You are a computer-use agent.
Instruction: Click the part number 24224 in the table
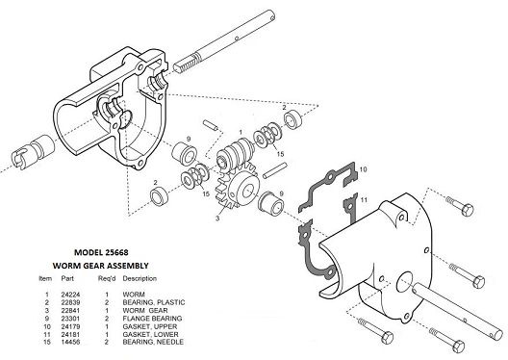pos(70,295)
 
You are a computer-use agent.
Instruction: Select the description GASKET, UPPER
pos(150,326)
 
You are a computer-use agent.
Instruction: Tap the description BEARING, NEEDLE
pos(153,342)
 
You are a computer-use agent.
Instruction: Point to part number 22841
pos(70,310)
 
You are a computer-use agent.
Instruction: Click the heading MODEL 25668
pos(101,252)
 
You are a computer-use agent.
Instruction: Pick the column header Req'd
pos(107,279)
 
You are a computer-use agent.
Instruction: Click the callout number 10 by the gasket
pos(363,169)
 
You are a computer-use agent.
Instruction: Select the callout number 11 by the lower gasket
pos(364,200)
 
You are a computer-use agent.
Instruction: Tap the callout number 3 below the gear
pos(217,219)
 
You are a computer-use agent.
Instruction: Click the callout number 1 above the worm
pos(241,132)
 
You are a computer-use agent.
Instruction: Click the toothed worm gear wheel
pos(239,189)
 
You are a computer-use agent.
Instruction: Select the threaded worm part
pos(235,152)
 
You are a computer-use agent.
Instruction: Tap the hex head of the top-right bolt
pos(468,210)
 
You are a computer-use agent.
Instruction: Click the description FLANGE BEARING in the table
pos(152,319)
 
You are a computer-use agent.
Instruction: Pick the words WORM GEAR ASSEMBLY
pos(101,266)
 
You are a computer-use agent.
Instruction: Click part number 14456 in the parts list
pos(70,342)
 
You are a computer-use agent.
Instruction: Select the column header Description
pos(140,279)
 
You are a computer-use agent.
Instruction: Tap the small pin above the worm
pos(209,125)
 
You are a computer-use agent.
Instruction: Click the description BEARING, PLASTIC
pos(154,302)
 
